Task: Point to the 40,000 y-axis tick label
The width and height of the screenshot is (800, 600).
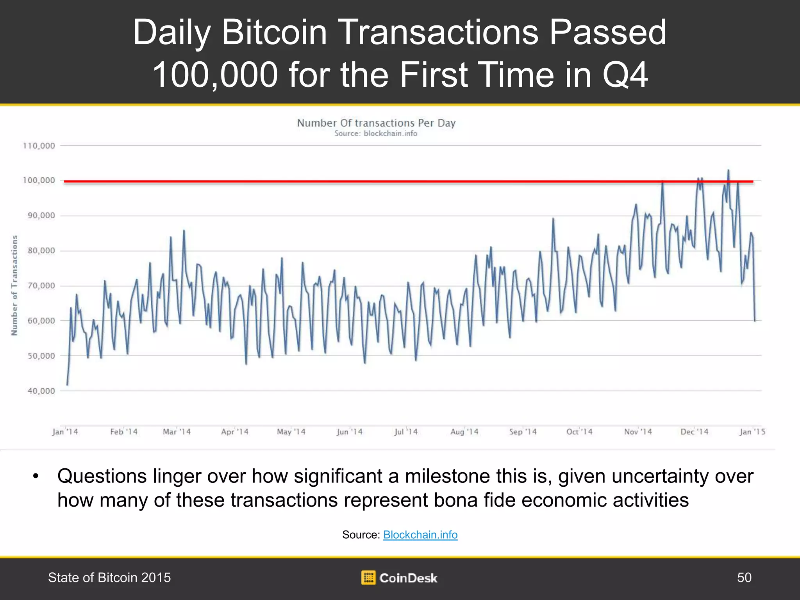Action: [x=41, y=391]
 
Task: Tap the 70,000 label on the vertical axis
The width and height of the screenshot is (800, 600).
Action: [x=41, y=286]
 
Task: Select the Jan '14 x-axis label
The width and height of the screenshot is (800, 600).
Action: [x=65, y=432]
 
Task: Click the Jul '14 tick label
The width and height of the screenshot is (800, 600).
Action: [x=406, y=432]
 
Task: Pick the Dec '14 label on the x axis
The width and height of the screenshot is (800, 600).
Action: [x=694, y=432]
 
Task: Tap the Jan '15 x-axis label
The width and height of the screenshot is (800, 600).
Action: [x=752, y=432]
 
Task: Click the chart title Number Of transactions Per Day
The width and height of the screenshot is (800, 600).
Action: [x=376, y=123]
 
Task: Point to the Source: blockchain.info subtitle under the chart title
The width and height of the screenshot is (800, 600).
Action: [x=376, y=134]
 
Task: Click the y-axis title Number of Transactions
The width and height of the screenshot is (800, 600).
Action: [x=14, y=285]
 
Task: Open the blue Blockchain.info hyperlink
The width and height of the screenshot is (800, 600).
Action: [x=420, y=535]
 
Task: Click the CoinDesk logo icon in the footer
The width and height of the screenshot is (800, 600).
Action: [x=368, y=577]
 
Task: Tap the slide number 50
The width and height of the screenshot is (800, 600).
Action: [x=744, y=577]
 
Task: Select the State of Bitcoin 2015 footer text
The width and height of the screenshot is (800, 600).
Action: [x=109, y=577]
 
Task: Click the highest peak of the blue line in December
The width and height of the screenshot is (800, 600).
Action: [x=728, y=170]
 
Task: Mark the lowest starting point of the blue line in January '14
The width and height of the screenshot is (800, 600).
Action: [x=67, y=385]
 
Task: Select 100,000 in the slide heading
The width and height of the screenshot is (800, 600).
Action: [x=215, y=75]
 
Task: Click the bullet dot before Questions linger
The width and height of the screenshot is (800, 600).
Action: [x=36, y=477]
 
